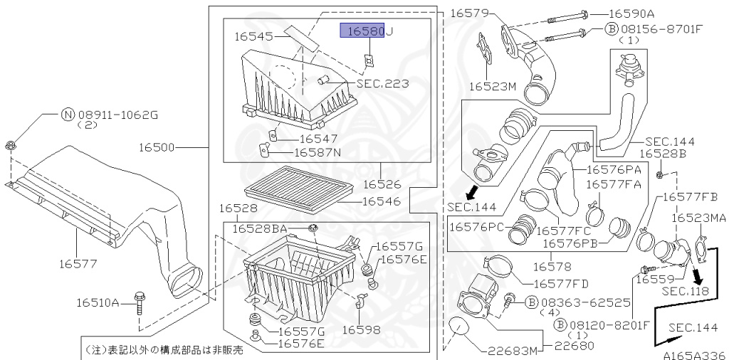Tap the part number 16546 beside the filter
pos(382,201)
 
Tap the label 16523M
pos(492,87)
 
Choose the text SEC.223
pos(382,84)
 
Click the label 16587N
pos(318,152)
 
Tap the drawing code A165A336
pos(693,354)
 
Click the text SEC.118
pos(685,290)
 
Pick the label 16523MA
pos(698,218)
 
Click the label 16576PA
pos(614,169)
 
